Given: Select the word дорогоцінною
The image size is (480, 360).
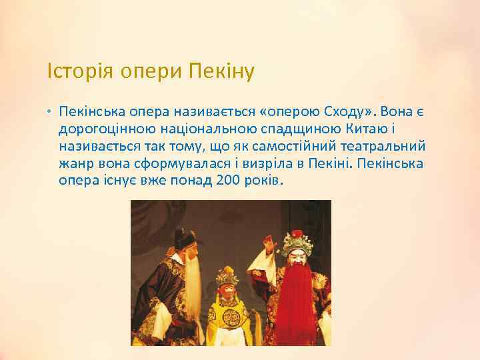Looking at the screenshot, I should (x=107, y=129).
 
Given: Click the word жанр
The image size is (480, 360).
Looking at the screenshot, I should (x=73, y=164).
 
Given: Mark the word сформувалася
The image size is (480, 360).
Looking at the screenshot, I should (x=181, y=164).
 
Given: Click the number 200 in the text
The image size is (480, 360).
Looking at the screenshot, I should (x=229, y=181).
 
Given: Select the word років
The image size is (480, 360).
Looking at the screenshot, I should (x=264, y=181).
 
